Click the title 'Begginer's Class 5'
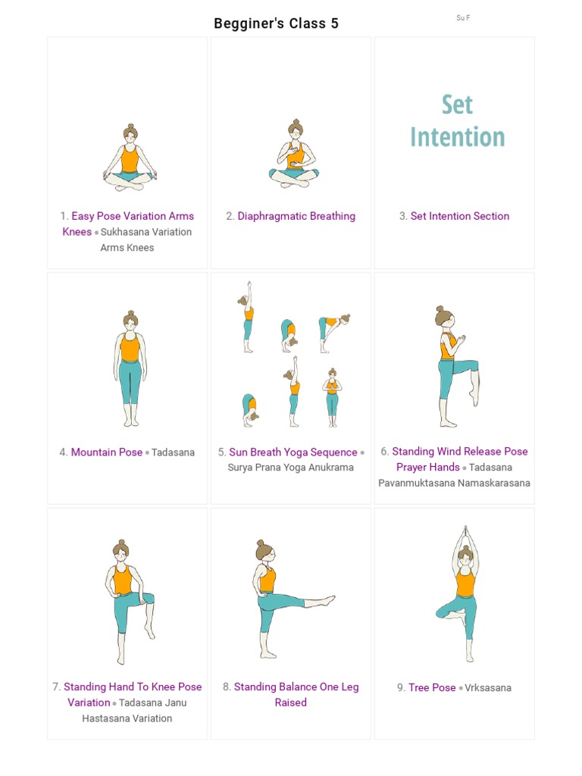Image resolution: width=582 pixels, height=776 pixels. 276,23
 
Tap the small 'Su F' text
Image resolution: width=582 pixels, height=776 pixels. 463,17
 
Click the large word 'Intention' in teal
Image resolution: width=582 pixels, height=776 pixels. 457,137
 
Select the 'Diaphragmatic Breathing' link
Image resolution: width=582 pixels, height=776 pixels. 296,216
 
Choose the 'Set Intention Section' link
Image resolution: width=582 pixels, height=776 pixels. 460,216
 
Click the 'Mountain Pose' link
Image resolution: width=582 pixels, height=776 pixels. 106,452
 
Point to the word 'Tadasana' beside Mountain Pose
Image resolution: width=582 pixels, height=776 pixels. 173,452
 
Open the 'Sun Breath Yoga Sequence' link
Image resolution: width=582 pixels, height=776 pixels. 293,452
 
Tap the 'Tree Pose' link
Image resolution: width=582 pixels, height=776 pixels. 432,687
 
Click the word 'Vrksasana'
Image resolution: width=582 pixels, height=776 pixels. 488,687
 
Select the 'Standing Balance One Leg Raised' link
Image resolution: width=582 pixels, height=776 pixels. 296,694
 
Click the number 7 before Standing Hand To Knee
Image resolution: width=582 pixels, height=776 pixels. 56,687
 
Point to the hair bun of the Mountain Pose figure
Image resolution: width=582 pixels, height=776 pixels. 130,313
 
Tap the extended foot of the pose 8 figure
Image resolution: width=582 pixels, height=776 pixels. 329,600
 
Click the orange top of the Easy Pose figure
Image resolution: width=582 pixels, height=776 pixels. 130,160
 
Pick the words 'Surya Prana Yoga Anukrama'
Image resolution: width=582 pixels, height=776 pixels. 291,468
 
